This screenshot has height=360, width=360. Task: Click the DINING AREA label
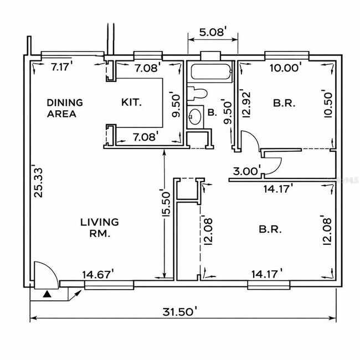click(65, 108)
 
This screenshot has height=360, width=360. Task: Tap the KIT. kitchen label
click(132, 102)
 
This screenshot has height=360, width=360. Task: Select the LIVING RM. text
click(99, 228)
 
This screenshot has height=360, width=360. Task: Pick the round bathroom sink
click(195, 116)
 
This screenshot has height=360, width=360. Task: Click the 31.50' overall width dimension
click(182, 312)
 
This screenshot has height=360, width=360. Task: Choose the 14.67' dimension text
click(98, 274)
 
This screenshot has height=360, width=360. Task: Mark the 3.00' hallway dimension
click(246, 171)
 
